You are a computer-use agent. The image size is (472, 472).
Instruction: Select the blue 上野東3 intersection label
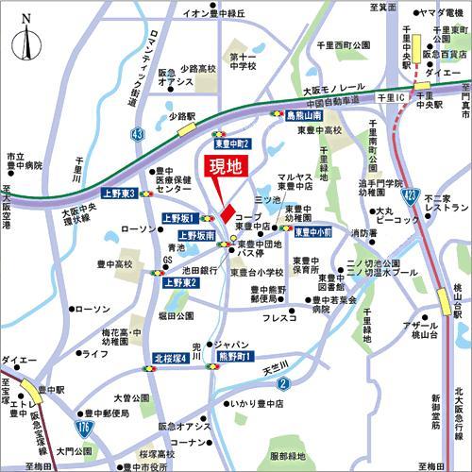[120, 194]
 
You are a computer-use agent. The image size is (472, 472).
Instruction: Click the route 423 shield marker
[409, 194]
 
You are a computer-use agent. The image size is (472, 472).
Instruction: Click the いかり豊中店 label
[245, 405]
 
